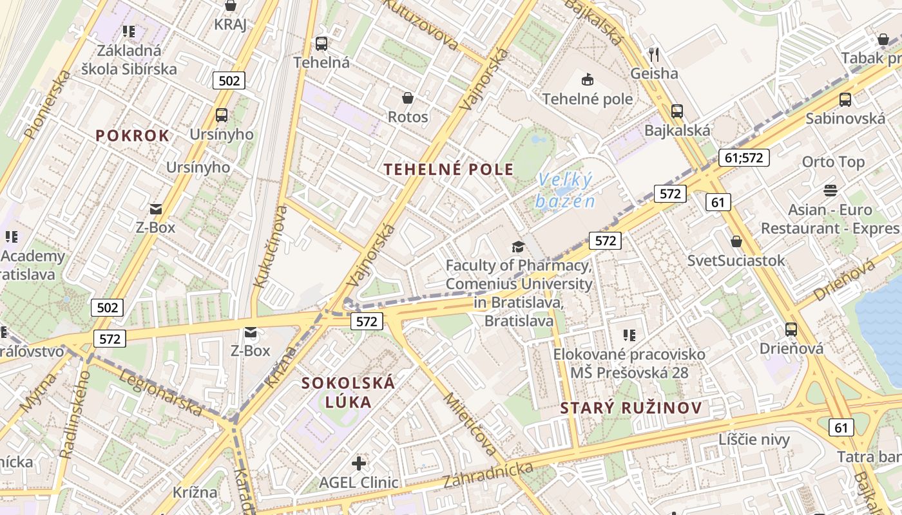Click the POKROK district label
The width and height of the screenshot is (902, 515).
pos(133,136)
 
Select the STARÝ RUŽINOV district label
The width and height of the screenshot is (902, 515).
pos(630,408)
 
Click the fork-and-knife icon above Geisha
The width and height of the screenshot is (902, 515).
pos(654,54)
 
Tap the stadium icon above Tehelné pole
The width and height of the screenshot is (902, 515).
pos(587,80)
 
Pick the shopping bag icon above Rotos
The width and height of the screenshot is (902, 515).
pos(407,98)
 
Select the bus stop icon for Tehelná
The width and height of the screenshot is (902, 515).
pos(321,44)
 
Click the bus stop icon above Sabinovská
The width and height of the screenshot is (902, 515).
pos(845,100)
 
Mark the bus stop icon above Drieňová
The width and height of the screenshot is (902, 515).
pos(791,330)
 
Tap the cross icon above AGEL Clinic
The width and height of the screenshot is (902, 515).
pos(359,463)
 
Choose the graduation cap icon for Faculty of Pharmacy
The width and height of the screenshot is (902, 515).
pos(518,247)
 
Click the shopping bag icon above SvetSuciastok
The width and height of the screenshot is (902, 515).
pos(736,242)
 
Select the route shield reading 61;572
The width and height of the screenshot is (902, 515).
pos(744,157)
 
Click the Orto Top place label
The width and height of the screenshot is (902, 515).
pos(832,162)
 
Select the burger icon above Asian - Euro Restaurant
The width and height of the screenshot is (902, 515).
pos(830,191)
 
